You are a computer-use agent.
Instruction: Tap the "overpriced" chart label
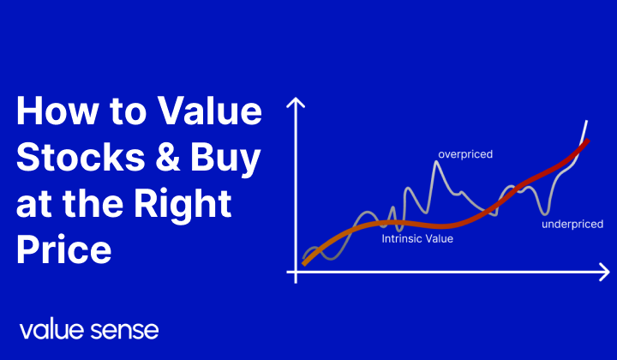click(465, 155)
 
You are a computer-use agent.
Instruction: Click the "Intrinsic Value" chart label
click(416, 239)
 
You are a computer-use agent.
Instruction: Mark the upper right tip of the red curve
click(587, 141)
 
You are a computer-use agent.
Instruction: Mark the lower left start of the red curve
click(304, 263)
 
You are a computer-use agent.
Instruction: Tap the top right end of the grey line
click(587, 122)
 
